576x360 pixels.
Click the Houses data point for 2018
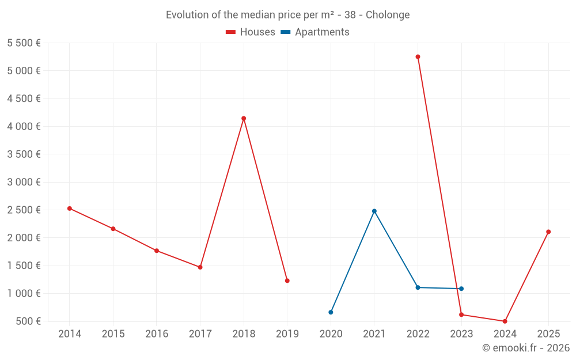[x=244, y=119]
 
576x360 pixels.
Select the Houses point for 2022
[x=418, y=57]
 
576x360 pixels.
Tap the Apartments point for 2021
[x=374, y=211]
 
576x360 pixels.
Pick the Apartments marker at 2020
[x=331, y=312]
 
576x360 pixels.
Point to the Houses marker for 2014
[x=70, y=209]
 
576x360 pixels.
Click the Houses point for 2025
[x=548, y=232]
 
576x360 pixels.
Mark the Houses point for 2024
[x=505, y=321]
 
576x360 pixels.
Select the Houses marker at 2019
[x=287, y=281]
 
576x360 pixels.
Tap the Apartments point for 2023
[x=461, y=289]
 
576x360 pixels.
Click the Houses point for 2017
[x=200, y=267]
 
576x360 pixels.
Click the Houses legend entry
[x=251, y=32]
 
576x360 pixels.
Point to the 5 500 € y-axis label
[x=24, y=43]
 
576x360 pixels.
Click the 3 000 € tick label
[x=24, y=183]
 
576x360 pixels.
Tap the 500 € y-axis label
[x=28, y=321]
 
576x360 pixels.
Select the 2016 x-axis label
[x=157, y=334]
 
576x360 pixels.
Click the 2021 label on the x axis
[x=374, y=334]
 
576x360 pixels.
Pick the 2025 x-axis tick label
[x=548, y=334]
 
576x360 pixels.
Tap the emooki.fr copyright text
[x=526, y=348]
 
